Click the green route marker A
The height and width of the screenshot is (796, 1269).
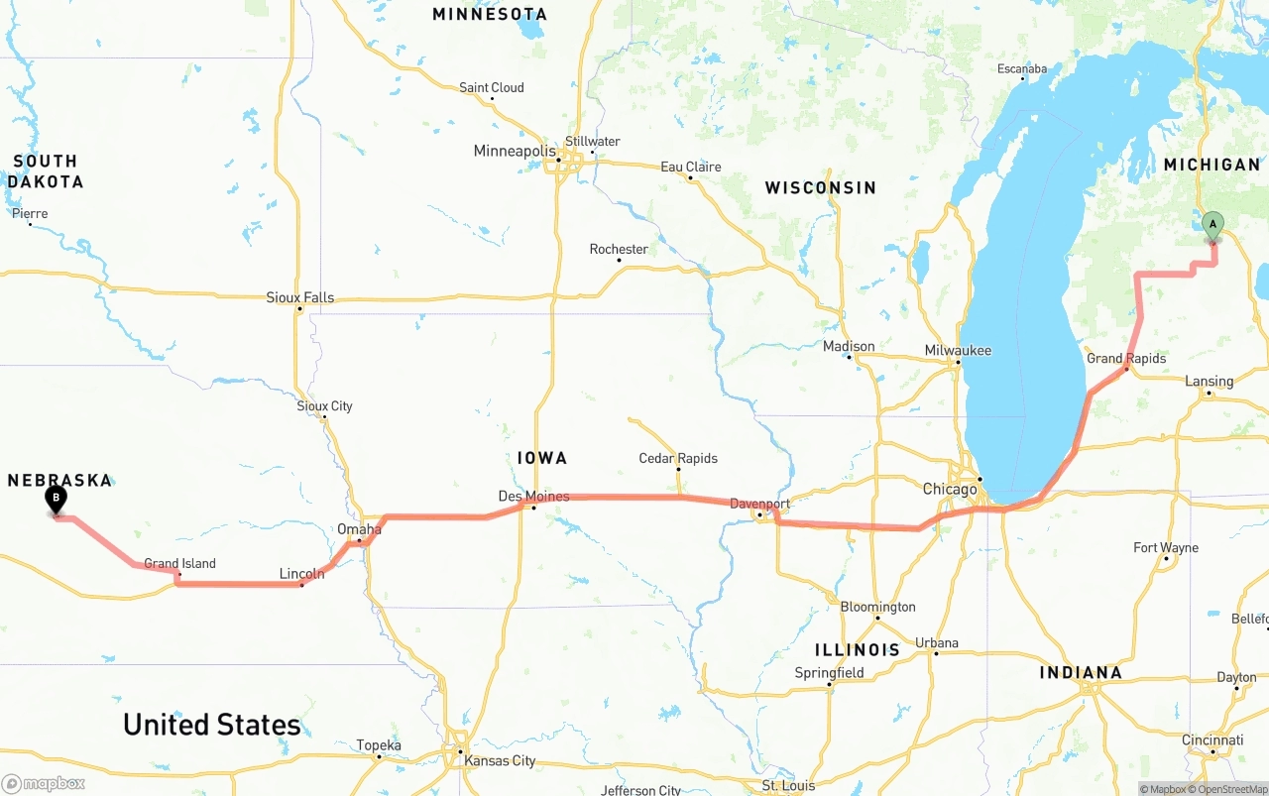pyautogui.click(x=1212, y=225)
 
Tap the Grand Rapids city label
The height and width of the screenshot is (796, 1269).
pyautogui.click(x=1126, y=358)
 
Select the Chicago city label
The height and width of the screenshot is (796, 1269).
pyautogui.click(x=950, y=489)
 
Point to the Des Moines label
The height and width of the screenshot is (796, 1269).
pyautogui.click(x=533, y=496)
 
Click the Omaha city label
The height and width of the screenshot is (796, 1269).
pyautogui.click(x=359, y=529)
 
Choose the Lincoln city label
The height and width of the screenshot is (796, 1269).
pyautogui.click(x=301, y=573)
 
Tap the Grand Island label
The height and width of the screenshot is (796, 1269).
pyautogui.click(x=179, y=563)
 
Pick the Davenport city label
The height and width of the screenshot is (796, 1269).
pyautogui.click(x=759, y=504)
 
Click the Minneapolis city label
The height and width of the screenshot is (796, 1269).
pyautogui.click(x=515, y=151)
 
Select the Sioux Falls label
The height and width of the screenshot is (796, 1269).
pyautogui.click(x=299, y=297)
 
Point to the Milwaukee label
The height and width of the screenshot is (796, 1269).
pyautogui.click(x=958, y=350)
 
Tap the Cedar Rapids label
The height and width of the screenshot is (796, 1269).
pyautogui.click(x=678, y=458)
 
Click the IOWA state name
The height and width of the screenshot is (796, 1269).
pyautogui.click(x=542, y=457)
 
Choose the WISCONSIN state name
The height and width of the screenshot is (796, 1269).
pyautogui.click(x=820, y=187)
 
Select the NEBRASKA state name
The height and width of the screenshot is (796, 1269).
pyautogui.click(x=59, y=480)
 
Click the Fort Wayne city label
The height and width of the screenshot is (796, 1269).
pyautogui.click(x=1166, y=547)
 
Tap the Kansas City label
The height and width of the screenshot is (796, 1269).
pyautogui.click(x=500, y=760)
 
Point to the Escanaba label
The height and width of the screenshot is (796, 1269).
pyautogui.click(x=1021, y=68)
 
